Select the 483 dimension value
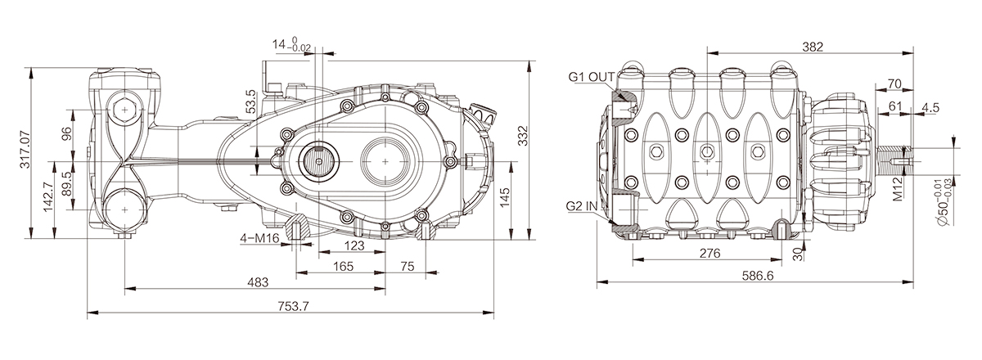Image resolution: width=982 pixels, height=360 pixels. pyautogui.click(x=257, y=281)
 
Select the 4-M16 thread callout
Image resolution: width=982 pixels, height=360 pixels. pyautogui.click(x=261, y=238)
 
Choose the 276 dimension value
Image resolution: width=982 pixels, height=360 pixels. pyautogui.click(x=709, y=254)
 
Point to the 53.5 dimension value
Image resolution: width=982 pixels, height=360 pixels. pyautogui.click(x=251, y=101)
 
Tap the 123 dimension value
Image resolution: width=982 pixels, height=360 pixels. pyautogui.click(x=353, y=245)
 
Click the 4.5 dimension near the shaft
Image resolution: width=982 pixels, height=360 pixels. pyautogui.click(x=930, y=107)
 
